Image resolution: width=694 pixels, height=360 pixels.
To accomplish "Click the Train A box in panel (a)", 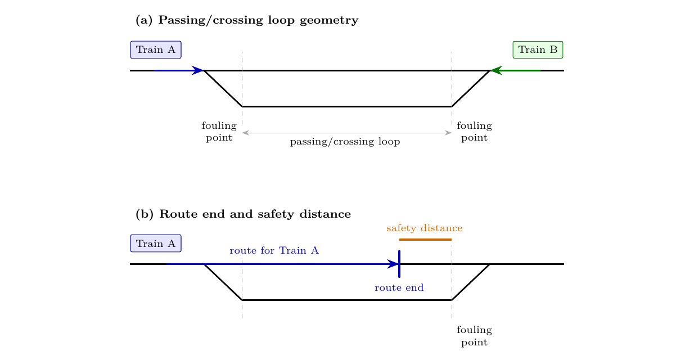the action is click(x=156, y=49).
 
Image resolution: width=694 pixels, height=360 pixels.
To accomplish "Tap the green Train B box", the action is click(x=538, y=49).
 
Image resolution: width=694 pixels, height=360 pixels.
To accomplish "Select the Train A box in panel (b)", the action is click(x=156, y=243).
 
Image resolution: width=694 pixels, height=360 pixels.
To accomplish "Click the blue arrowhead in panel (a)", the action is click(x=197, y=70).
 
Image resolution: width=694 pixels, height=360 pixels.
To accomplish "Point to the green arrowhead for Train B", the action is click(x=497, y=70).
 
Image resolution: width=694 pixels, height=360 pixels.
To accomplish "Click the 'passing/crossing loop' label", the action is click(x=345, y=142).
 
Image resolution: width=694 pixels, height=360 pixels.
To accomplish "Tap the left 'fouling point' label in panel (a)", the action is click(x=219, y=132).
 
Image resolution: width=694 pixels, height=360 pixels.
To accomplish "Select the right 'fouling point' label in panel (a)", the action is click(x=474, y=132).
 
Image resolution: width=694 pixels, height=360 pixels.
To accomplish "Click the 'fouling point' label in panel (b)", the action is click(x=474, y=336).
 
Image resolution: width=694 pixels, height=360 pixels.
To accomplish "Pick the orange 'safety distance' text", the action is click(x=425, y=228).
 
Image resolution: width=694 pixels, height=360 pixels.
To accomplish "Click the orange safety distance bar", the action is click(x=425, y=240).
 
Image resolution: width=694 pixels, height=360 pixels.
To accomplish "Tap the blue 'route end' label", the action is click(x=399, y=288).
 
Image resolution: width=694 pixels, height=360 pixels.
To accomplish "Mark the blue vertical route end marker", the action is click(x=399, y=264).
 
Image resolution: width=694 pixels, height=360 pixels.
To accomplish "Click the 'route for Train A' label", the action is click(x=274, y=250).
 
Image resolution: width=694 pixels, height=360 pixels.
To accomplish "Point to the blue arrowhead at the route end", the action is click(x=393, y=264).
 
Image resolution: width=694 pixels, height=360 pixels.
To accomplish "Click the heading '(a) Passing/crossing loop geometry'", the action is click(x=247, y=20).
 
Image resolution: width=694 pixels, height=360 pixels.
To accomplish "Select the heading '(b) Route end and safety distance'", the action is click(x=243, y=214).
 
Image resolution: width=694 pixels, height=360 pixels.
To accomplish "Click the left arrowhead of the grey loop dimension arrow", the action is click(x=245, y=133).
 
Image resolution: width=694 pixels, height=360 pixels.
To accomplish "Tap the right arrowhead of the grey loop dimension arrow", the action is click(x=448, y=133).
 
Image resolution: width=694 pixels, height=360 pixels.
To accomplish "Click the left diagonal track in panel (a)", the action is click(x=223, y=89).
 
